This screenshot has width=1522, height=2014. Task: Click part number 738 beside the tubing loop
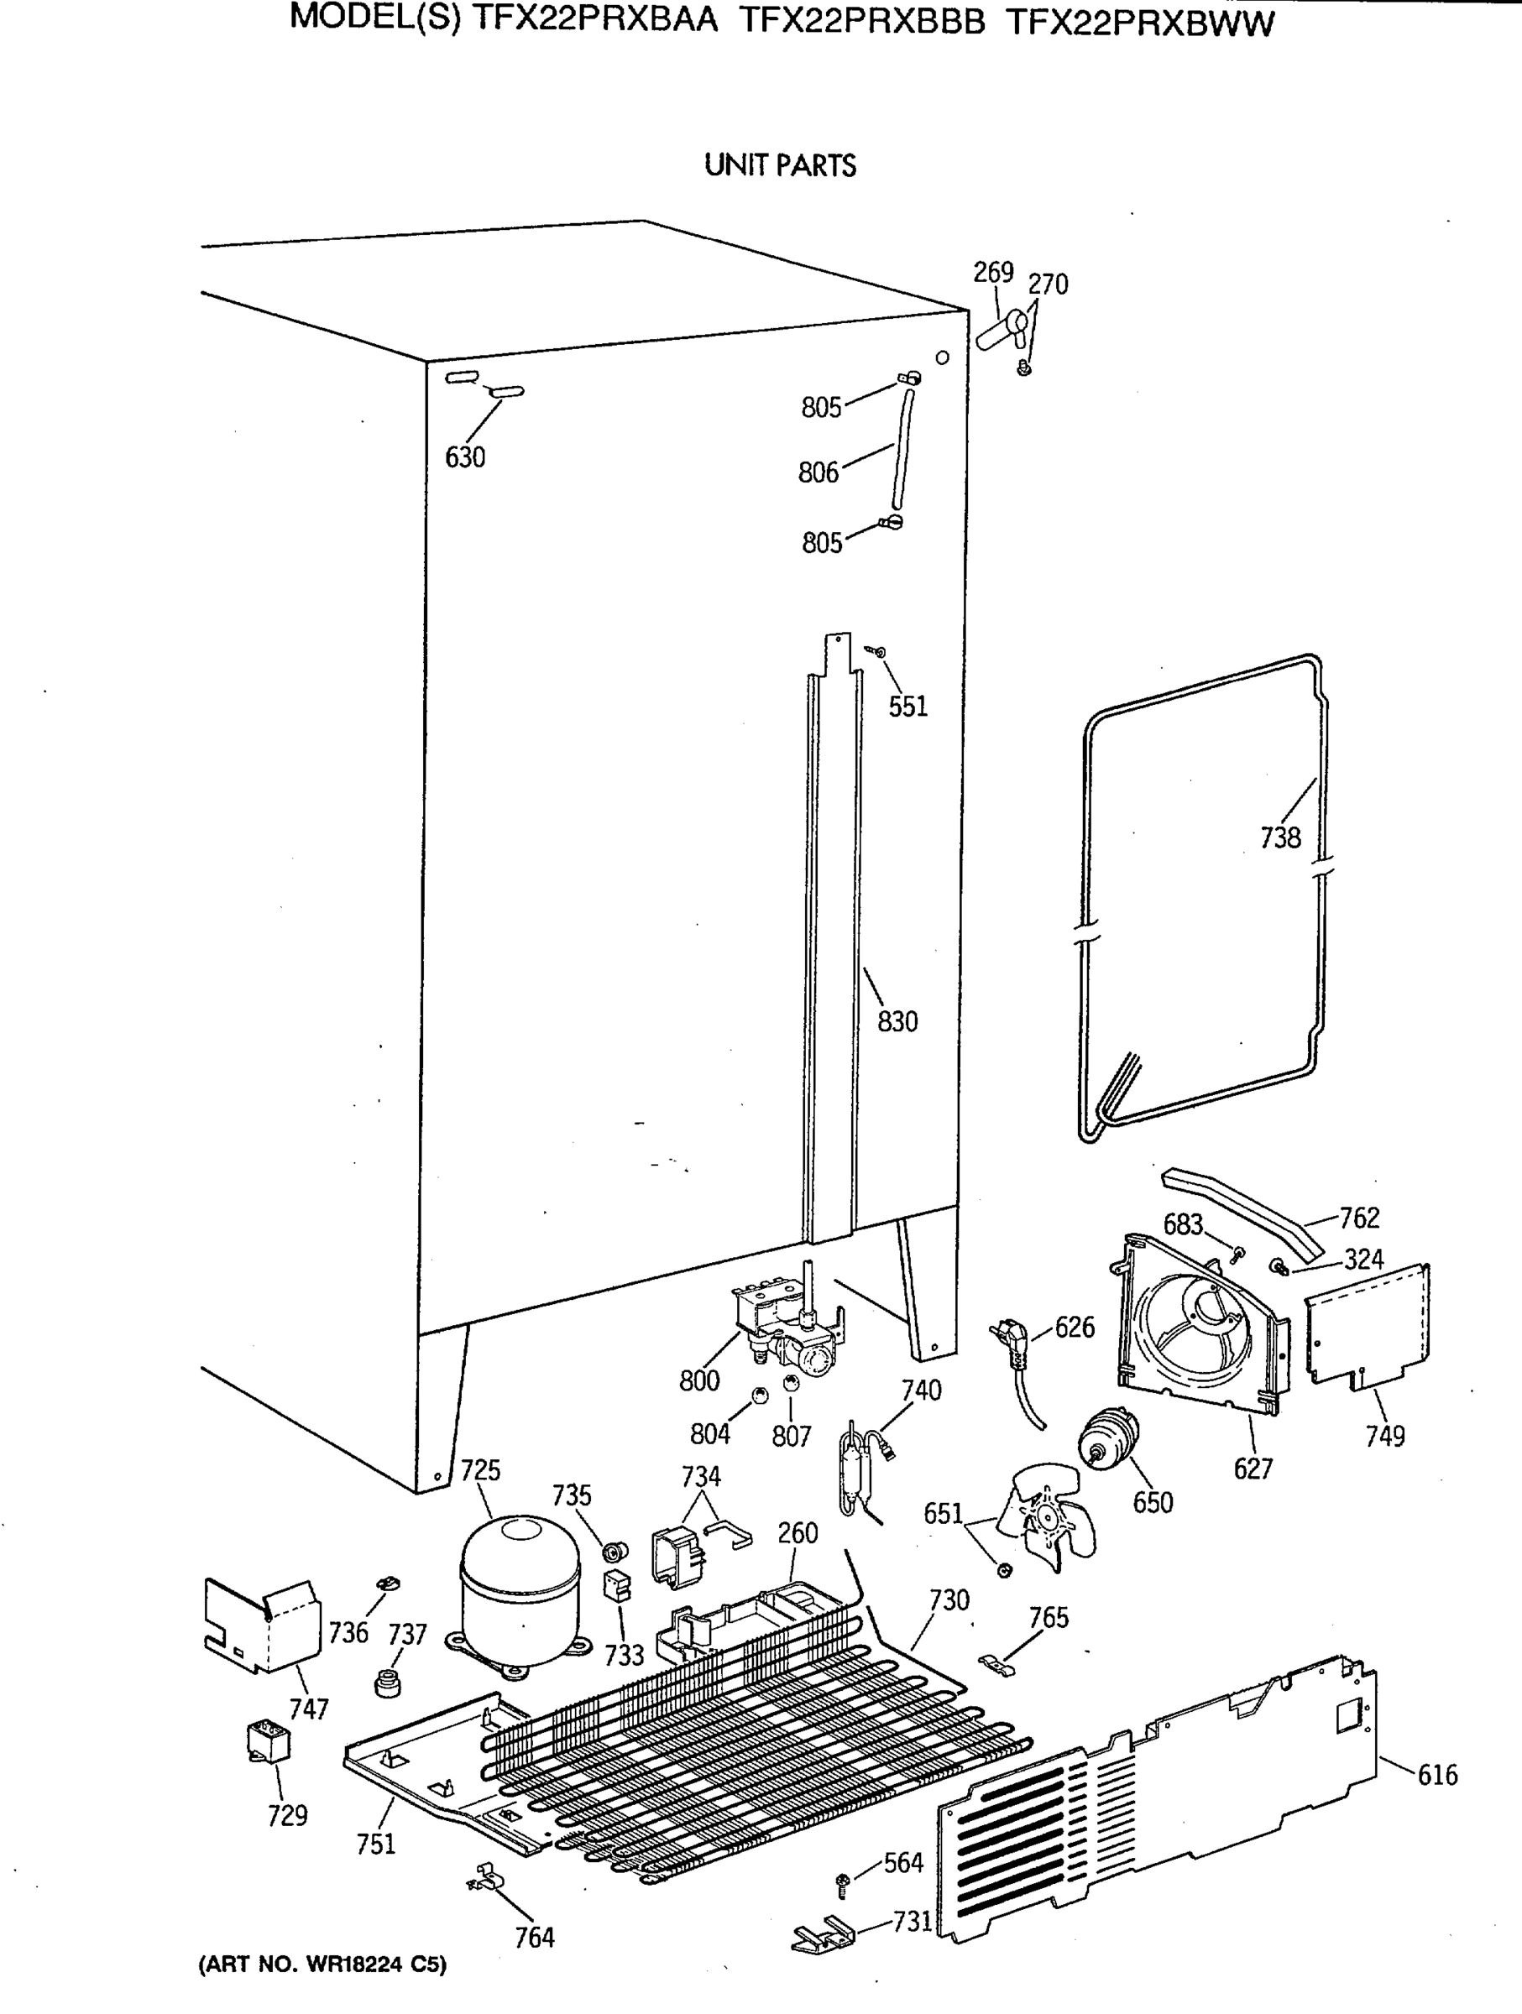pyautogui.click(x=1279, y=837)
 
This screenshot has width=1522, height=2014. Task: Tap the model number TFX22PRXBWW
pyautogui.click(x=1140, y=23)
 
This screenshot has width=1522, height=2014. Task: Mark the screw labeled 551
pyautogui.click(x=878, y=652)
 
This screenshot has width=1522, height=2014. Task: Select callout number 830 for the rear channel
pyautogui.click(x=897, y=1021)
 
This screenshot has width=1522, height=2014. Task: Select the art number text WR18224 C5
pyautogui.click(x=322, y=1991)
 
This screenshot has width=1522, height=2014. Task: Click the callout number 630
pyautogui.click(x=464, y=457)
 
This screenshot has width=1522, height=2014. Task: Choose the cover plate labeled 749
pyautogui.click(x=1366, y=1324)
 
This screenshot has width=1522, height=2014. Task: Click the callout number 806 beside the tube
pyautogui.click(x=818, y=472)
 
